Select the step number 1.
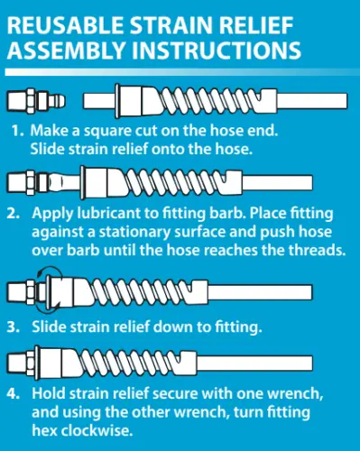(16, 131)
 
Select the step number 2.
(16, 214)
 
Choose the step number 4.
(16, 393)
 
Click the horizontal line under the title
(180, 69)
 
